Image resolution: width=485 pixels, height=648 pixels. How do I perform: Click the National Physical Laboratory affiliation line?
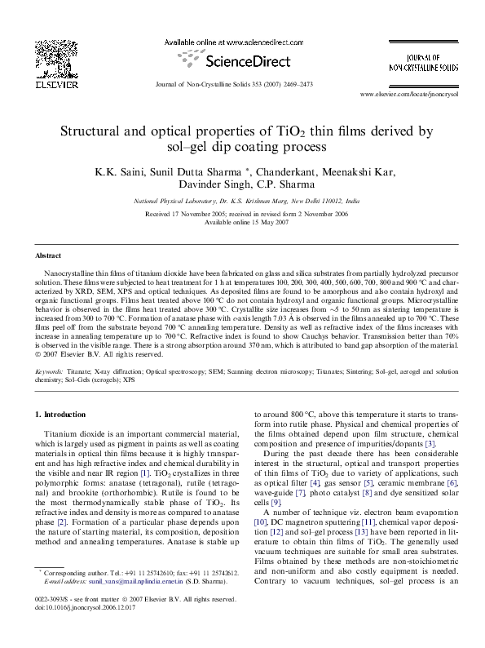(242, 200)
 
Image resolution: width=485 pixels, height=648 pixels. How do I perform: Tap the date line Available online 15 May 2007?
(242, 222)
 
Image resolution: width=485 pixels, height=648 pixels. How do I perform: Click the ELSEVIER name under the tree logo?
(51, 84)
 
